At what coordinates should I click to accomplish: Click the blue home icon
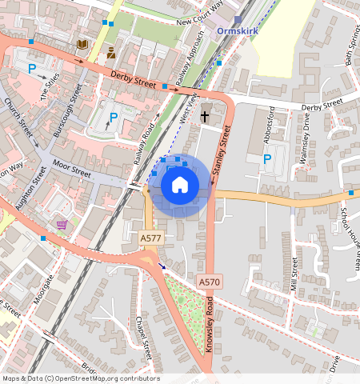[x=180, y=186]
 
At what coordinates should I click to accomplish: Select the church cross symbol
[x=205, y=116]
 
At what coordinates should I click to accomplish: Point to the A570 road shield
[x=209, y=282]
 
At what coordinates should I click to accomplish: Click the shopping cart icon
[x=62, y=225]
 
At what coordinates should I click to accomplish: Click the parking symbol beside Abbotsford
[x=267, y=159]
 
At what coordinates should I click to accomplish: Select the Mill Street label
[x=294, y=274]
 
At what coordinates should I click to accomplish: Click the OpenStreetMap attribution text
[x=81, y=378]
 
